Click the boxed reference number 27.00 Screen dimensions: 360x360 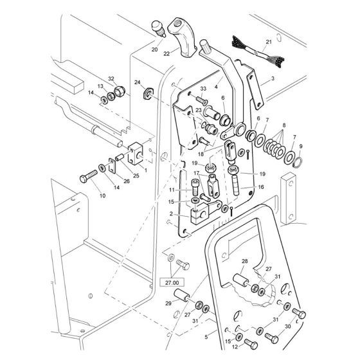click(x=172, y=283)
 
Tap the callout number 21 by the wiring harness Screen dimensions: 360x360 click(x=269, y=42)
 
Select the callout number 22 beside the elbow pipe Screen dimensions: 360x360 click(x=166, y=54)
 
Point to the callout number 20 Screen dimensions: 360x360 click(x=154, y=50)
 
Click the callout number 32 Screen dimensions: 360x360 click(x=111, y=78)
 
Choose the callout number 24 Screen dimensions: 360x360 click(x=138, y=82)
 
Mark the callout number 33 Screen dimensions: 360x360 click(x=203, y=89)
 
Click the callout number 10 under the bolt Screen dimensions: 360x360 click(x=102, y=195)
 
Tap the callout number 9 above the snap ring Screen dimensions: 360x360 click(x=301, y=147)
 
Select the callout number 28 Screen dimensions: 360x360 click(x=245, y=261)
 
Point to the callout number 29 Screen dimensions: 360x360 click(x=168, y=303)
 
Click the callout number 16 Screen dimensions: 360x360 click(x=261, y=187)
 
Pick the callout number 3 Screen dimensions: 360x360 click(x=273, y=78)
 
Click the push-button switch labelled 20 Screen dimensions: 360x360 click(x=159, y=28)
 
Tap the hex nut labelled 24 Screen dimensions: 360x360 click(x=148, y=93)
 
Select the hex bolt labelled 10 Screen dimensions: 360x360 click(x=89, y=176)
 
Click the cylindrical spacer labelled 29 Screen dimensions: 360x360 click(x=182, y=295)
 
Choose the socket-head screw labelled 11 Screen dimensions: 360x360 click(x=194, y=186)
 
